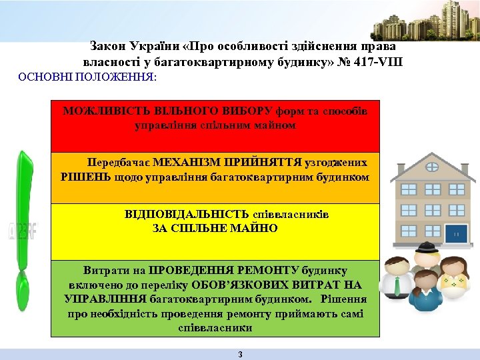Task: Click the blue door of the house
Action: [x=458, y=233]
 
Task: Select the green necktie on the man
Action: [x=398, y=286]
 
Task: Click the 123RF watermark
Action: [x=23, y=231]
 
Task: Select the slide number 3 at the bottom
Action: [x=240, y=354]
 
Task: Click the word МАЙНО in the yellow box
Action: [x=256, y=228]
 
